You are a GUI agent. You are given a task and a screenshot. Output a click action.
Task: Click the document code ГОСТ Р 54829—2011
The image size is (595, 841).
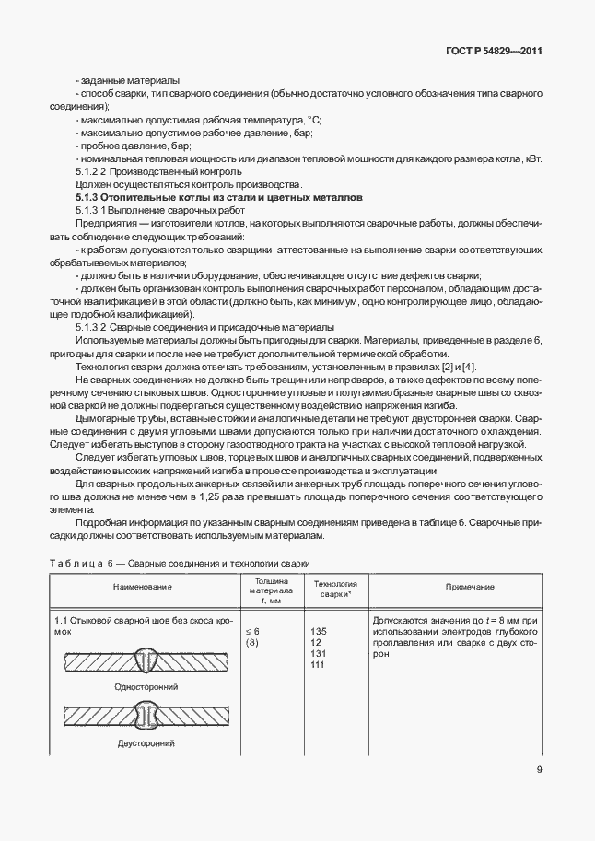pos(495,52)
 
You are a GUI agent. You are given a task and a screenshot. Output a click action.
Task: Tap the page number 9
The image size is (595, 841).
pos(539,771)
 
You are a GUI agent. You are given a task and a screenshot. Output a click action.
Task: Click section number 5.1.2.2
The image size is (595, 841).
pos(92,171)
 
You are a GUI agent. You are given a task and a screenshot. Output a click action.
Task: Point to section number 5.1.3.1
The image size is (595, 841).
pos(92,211)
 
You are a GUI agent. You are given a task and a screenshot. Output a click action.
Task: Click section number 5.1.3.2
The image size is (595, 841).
pos(92,327)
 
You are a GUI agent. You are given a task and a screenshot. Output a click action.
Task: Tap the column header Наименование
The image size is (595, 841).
pos(143,587)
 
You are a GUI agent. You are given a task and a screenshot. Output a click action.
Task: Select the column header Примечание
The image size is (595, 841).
pos(470,587)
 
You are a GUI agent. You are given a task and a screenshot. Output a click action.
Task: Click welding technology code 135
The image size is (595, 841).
pos(319,631)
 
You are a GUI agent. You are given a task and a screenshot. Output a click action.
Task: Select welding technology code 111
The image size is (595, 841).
pos(319,664)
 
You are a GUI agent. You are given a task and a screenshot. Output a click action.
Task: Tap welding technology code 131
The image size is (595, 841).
pos(319,653)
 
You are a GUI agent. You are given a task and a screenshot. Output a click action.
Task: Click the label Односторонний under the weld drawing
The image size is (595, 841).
pos(146,687)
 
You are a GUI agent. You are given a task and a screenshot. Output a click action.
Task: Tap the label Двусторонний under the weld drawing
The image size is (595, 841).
pos(146,742)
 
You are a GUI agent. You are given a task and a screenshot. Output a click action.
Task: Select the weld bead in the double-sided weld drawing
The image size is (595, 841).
pos(146,716)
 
